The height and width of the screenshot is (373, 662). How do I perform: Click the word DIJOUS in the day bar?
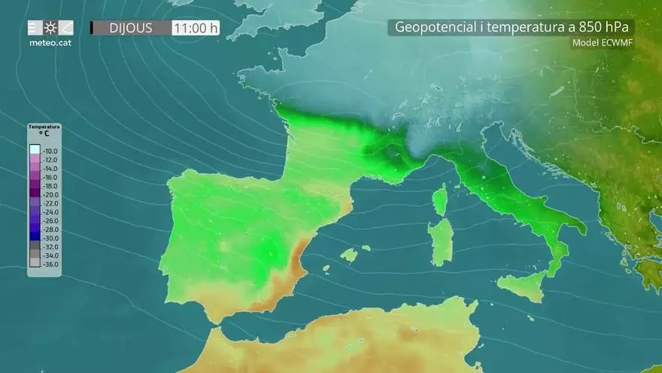(131, 28)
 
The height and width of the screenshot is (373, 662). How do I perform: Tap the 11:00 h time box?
(196, 29)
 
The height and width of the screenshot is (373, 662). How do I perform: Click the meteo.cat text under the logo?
(49, 43)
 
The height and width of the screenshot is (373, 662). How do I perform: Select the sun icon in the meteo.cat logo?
(50, 28)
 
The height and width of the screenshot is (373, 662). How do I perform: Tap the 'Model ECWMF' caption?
(603, 43)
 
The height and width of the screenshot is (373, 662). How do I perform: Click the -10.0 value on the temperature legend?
(50, 151)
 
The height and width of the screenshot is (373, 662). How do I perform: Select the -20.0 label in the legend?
(50, 194)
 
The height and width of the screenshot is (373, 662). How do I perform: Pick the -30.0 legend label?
(50, 237)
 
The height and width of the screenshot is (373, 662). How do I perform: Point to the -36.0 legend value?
(50, 264)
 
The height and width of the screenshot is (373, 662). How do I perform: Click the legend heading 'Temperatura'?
(44, 127)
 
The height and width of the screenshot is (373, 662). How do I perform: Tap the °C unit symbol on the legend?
(44, 133)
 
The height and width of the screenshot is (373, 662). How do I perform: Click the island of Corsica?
(440, 200)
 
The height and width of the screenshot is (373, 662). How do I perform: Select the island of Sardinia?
(441, 241)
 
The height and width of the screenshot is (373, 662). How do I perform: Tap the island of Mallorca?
(349, 255)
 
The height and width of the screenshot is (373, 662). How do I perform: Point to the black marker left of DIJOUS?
(92, 28)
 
